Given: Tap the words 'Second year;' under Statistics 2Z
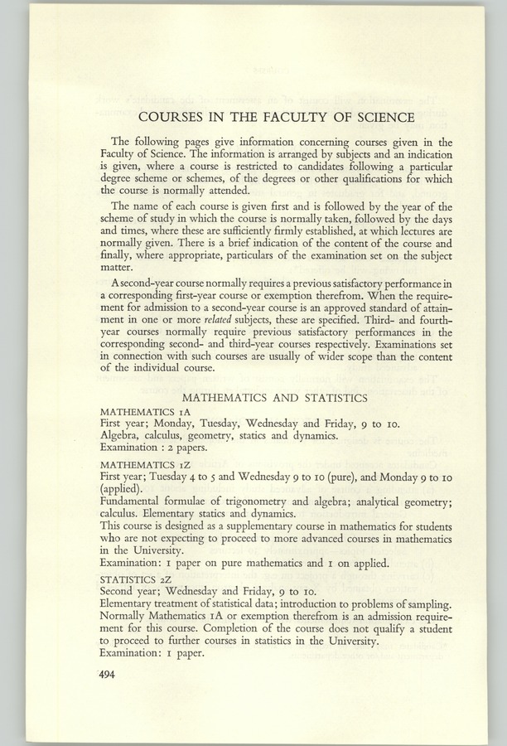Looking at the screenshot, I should click(x=128, y=593).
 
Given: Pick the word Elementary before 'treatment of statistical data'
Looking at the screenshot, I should click(x=130, y=606).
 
